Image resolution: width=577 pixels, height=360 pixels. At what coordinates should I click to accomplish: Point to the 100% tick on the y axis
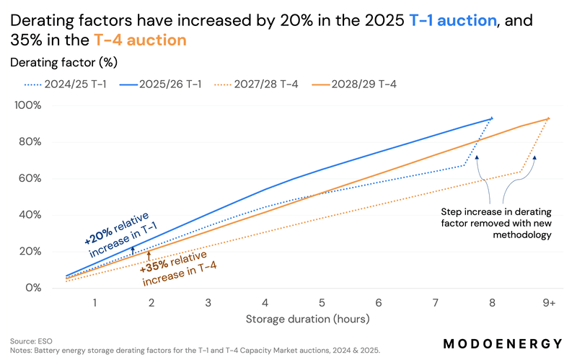coord(28,105)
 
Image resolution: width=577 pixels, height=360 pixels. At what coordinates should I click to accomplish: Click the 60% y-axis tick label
coord(30,178)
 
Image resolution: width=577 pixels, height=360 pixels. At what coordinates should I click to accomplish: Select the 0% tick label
coord(33,288)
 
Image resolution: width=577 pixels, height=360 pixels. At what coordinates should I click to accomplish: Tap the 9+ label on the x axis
coord(549,303)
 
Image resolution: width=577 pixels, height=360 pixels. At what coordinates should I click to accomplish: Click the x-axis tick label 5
coord(322,303)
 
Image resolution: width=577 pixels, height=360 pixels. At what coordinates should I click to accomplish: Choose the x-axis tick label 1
coord(94,303)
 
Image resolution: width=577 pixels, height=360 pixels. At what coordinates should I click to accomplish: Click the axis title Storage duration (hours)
coord(308,319)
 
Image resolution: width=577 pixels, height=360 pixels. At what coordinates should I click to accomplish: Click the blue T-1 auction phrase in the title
coord(453,20)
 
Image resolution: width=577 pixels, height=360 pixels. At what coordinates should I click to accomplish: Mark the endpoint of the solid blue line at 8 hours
coord(492,118)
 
